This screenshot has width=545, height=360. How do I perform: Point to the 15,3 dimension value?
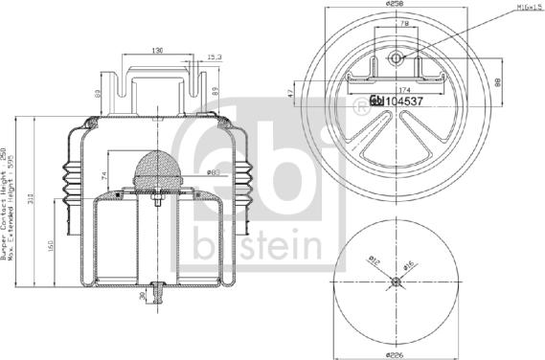pyautogui.click(x=215, y=57)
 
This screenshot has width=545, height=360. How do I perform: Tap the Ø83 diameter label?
pyautogui.click(x=214, y=172)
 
